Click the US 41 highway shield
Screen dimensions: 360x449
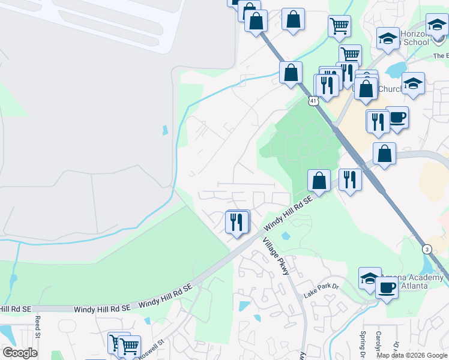[314, 101]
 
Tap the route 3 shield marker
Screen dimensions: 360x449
[427, 248]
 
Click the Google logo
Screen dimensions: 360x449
[19, 353]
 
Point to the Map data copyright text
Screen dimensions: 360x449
[412, 355]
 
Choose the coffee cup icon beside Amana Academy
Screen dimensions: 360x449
[387, 289]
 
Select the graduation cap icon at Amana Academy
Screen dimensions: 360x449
[370, 278]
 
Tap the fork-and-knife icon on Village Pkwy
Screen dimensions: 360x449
[237, 222]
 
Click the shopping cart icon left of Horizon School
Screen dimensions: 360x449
[339, 26]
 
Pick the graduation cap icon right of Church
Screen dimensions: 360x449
[413, 83]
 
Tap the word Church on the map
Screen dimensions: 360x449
[391, 89]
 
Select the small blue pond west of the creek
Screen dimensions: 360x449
[164, 130]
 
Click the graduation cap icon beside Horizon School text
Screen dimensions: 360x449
[388, 38]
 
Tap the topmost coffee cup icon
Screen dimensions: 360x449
[397, 116]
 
